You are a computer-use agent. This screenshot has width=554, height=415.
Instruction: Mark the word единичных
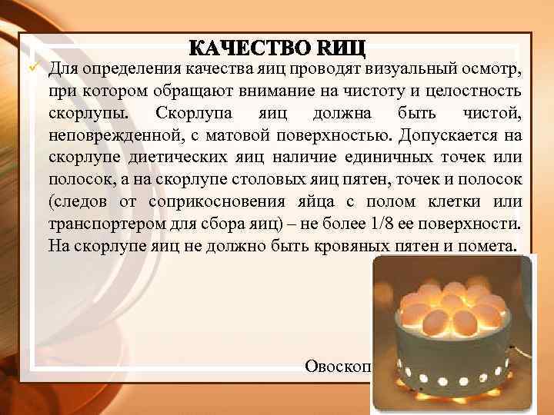pos(393,158)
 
